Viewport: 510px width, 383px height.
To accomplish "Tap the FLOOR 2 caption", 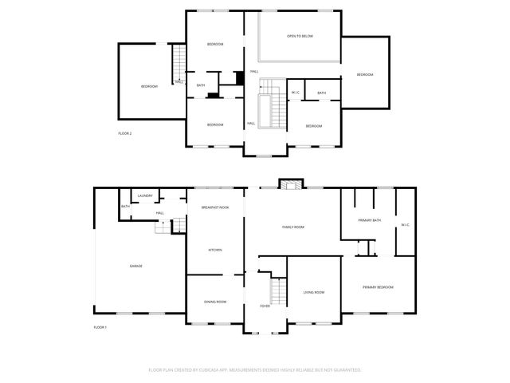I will [124, 133].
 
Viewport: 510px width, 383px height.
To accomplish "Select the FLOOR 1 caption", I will [100, 327].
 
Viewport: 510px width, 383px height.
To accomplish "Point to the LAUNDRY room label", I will [145, 195].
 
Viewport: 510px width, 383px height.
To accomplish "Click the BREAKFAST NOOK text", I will [215, 207].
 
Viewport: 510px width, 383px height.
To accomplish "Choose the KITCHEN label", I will [215, 250].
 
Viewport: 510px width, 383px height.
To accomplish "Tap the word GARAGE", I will [136, 266].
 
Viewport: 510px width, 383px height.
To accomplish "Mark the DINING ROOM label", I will [215, 302].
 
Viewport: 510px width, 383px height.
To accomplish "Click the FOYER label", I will [265, 306].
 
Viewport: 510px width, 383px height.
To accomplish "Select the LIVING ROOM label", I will [314, 292].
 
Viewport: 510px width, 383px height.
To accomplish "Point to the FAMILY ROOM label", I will [293, 227].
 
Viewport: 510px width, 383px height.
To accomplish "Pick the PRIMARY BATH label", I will [369, 220].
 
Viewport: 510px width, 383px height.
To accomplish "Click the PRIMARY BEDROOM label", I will [378, 286].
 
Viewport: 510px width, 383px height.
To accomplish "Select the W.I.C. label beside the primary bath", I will [405, 224].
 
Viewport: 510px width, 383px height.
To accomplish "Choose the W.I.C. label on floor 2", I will [295, 93].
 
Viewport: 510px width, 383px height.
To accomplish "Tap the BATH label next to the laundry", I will [125, 207].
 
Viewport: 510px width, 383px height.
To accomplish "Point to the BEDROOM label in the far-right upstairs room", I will [364, 74].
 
